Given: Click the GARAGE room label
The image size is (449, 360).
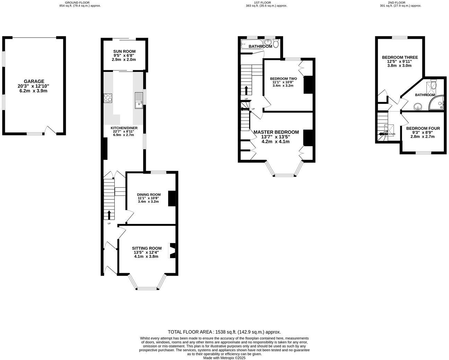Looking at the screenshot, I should point(34,81).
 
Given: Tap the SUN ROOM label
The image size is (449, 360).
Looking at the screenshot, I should point(124,51).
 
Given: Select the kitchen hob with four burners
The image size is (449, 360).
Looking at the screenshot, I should point(108,98).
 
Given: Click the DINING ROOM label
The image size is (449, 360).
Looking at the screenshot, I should point(149,195).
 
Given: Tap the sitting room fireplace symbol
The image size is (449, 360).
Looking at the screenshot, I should point(172,251).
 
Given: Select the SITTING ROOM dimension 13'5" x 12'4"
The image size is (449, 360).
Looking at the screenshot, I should point(147,252).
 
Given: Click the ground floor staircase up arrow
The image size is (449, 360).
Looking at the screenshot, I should point(109,215).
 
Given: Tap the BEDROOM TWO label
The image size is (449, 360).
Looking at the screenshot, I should point(283,79).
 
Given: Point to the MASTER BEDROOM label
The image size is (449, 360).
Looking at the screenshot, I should point(276,132).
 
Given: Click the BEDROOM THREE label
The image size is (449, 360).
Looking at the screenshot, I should point(400,57).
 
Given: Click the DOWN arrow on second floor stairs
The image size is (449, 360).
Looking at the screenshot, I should point(383,134).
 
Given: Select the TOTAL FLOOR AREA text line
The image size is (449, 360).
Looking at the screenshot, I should point(224,332).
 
